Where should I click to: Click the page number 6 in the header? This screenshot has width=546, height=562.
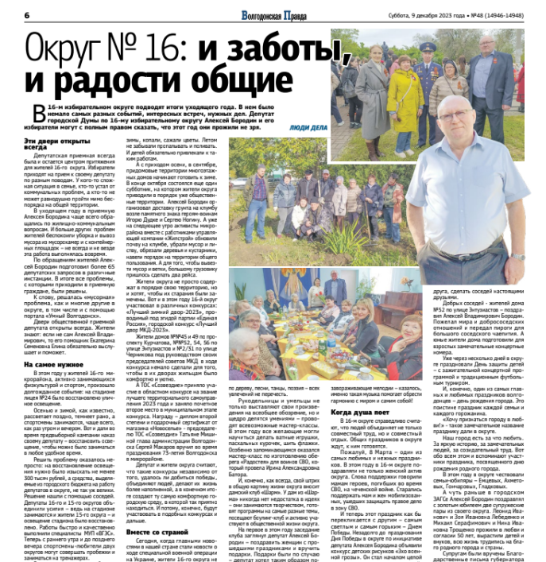[27, 16]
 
